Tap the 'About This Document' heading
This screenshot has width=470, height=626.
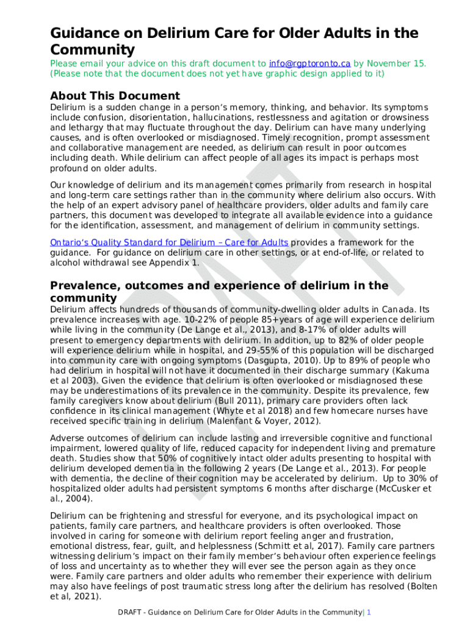tap(115, 96)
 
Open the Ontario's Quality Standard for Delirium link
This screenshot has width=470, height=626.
tap(169, 243)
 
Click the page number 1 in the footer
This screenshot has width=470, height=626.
tap(369, 612)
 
